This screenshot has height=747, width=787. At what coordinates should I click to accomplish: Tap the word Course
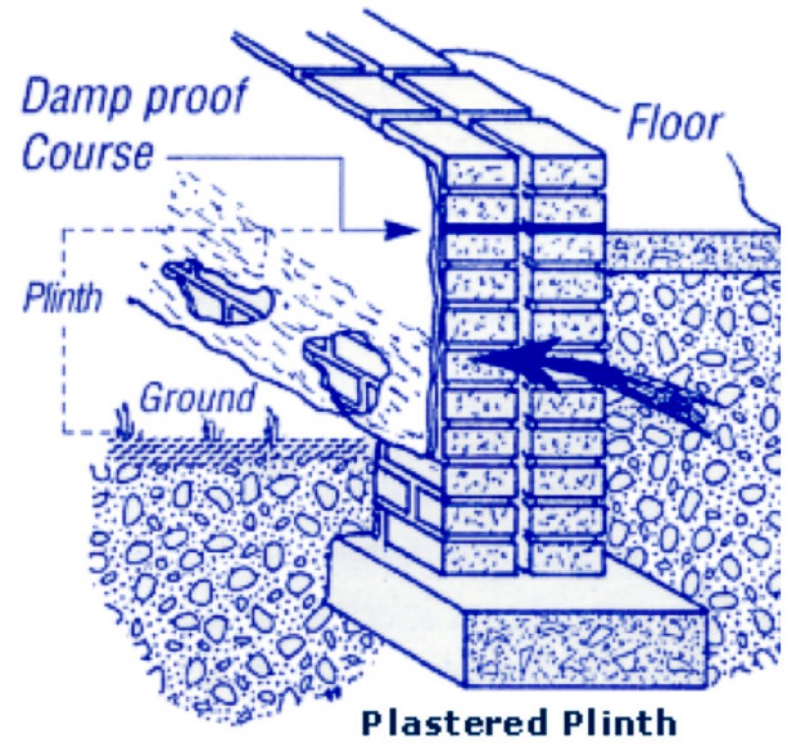tap(89, 154)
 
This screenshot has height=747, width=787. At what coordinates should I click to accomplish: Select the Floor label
tap(676, 125)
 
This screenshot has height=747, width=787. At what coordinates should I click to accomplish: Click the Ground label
tap(197, 399)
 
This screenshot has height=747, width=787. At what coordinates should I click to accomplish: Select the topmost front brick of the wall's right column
tap(563, 169)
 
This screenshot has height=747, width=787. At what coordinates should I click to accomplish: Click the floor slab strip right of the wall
tap(689, 252)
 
